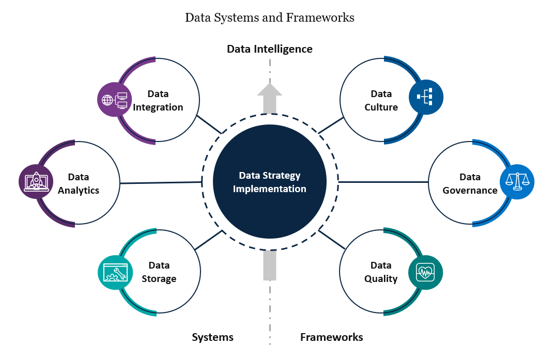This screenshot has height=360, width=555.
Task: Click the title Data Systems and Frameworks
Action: pos(270,18)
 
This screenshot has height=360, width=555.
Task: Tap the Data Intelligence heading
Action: pos(270,49)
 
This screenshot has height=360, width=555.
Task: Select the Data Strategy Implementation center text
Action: pos(269,182)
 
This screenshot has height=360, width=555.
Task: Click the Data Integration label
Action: pos(158,101)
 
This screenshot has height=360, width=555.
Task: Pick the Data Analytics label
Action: pos(79,184)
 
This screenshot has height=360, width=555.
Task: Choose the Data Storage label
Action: pos(159,272)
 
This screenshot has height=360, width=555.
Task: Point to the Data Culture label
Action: pos(381,101)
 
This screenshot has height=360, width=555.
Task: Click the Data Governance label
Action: pos(470,184)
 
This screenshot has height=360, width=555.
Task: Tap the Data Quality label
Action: pos(381,272)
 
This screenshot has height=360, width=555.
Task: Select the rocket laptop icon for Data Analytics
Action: pos(36,182)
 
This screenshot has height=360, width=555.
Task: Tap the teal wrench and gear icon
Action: pos(115,272)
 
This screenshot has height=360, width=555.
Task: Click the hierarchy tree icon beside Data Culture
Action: pos(426,97)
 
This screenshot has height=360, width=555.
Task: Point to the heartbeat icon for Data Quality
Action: pos(425,272)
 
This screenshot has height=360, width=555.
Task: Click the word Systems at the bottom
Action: pos(212,337)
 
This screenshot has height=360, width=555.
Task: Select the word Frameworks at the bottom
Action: pos(331,337)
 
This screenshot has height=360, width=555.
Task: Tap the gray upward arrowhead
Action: pos(270,90)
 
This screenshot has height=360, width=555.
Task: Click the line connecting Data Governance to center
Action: pos(383,182)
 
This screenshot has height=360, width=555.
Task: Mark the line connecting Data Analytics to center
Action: pos(160,183)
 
